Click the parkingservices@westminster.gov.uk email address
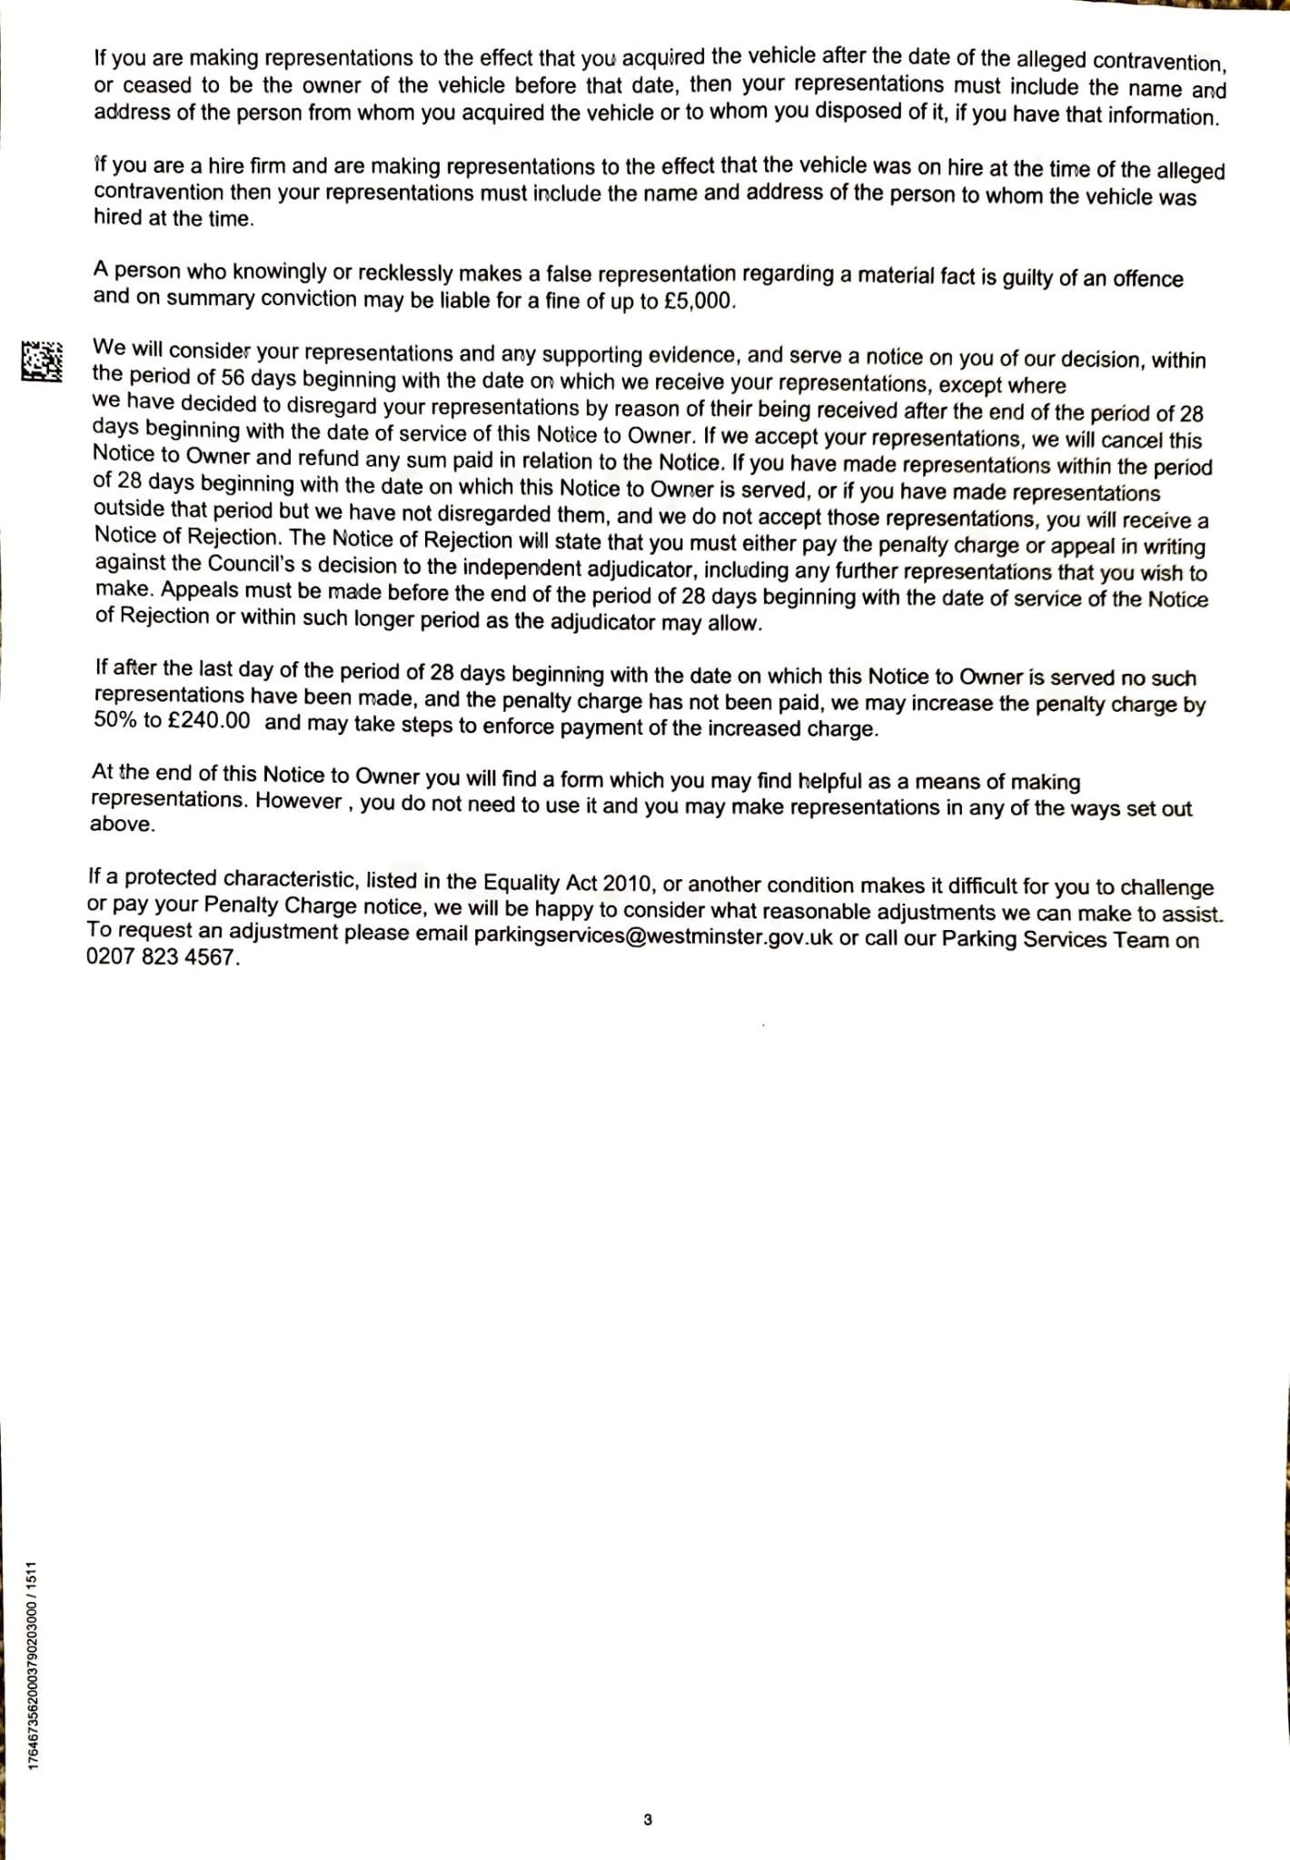point(653,936)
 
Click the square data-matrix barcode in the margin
point(43,361)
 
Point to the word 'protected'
point(171,878)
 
